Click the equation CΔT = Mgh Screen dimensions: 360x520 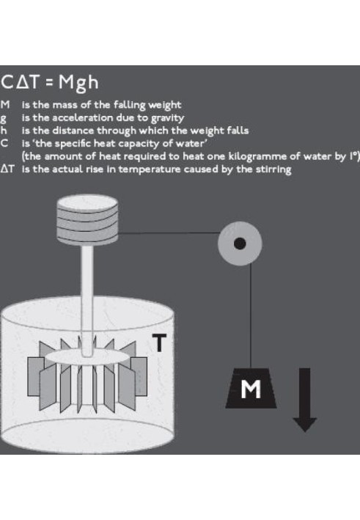tap(50, 82)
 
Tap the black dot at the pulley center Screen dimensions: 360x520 tap(240, 243)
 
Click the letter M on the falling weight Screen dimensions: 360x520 tap(251, 389)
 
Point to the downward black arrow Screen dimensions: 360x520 tap(305, 400)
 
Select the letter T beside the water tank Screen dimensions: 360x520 tap(159, 343)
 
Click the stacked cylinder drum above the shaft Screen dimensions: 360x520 tap(87, 220)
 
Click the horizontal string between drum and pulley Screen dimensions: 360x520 tap(168, 233)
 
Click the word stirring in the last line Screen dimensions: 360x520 tap(273, 169)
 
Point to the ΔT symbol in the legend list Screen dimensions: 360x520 tap(7, 169)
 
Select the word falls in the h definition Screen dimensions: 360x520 tap(238, 131)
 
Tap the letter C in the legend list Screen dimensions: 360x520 tap(4, 144)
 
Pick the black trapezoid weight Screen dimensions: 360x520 tap(251, 388)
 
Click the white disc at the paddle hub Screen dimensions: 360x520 tap(87, 357)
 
